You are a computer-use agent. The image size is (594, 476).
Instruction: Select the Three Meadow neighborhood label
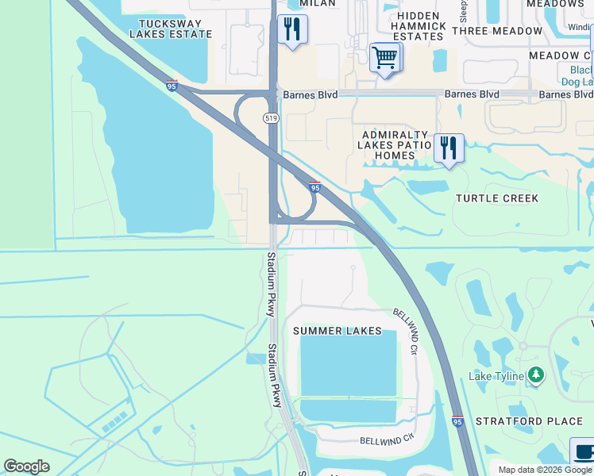click(497, 31)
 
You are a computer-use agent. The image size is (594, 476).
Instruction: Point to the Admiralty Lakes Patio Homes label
click(394, 145)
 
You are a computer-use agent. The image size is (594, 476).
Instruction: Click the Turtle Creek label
click(497, 198)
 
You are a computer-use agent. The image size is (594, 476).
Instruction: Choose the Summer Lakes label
click(337, 331)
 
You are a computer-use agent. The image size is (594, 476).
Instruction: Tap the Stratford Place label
click(530, 421)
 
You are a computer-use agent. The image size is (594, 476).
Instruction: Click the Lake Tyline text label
click(496, 376)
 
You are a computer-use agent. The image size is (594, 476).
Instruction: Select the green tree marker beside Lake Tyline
click(536, 374)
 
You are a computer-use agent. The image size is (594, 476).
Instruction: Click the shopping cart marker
click(385, 57)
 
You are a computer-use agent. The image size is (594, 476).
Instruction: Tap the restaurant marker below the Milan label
click(292, 30)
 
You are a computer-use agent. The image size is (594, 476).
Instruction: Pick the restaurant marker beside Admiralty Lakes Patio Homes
click(449, 148)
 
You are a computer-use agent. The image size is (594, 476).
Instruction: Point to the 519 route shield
click(272, 117)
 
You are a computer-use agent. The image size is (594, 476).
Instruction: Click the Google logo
click(27, 466)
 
